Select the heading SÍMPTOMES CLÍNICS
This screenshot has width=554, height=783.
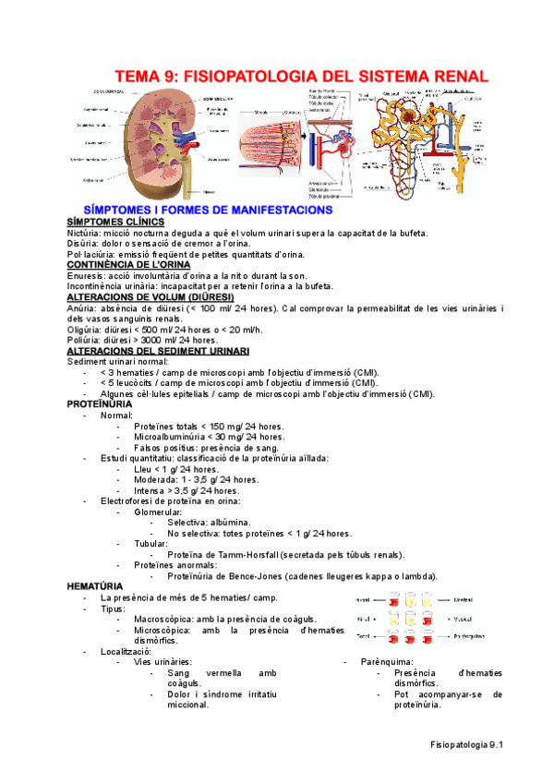[x=109, y=223]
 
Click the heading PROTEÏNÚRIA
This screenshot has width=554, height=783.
[x=101, y=404]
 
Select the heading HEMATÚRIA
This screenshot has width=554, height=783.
[x=95, y=586]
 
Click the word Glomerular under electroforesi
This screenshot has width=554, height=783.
[x=158, y=512]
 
